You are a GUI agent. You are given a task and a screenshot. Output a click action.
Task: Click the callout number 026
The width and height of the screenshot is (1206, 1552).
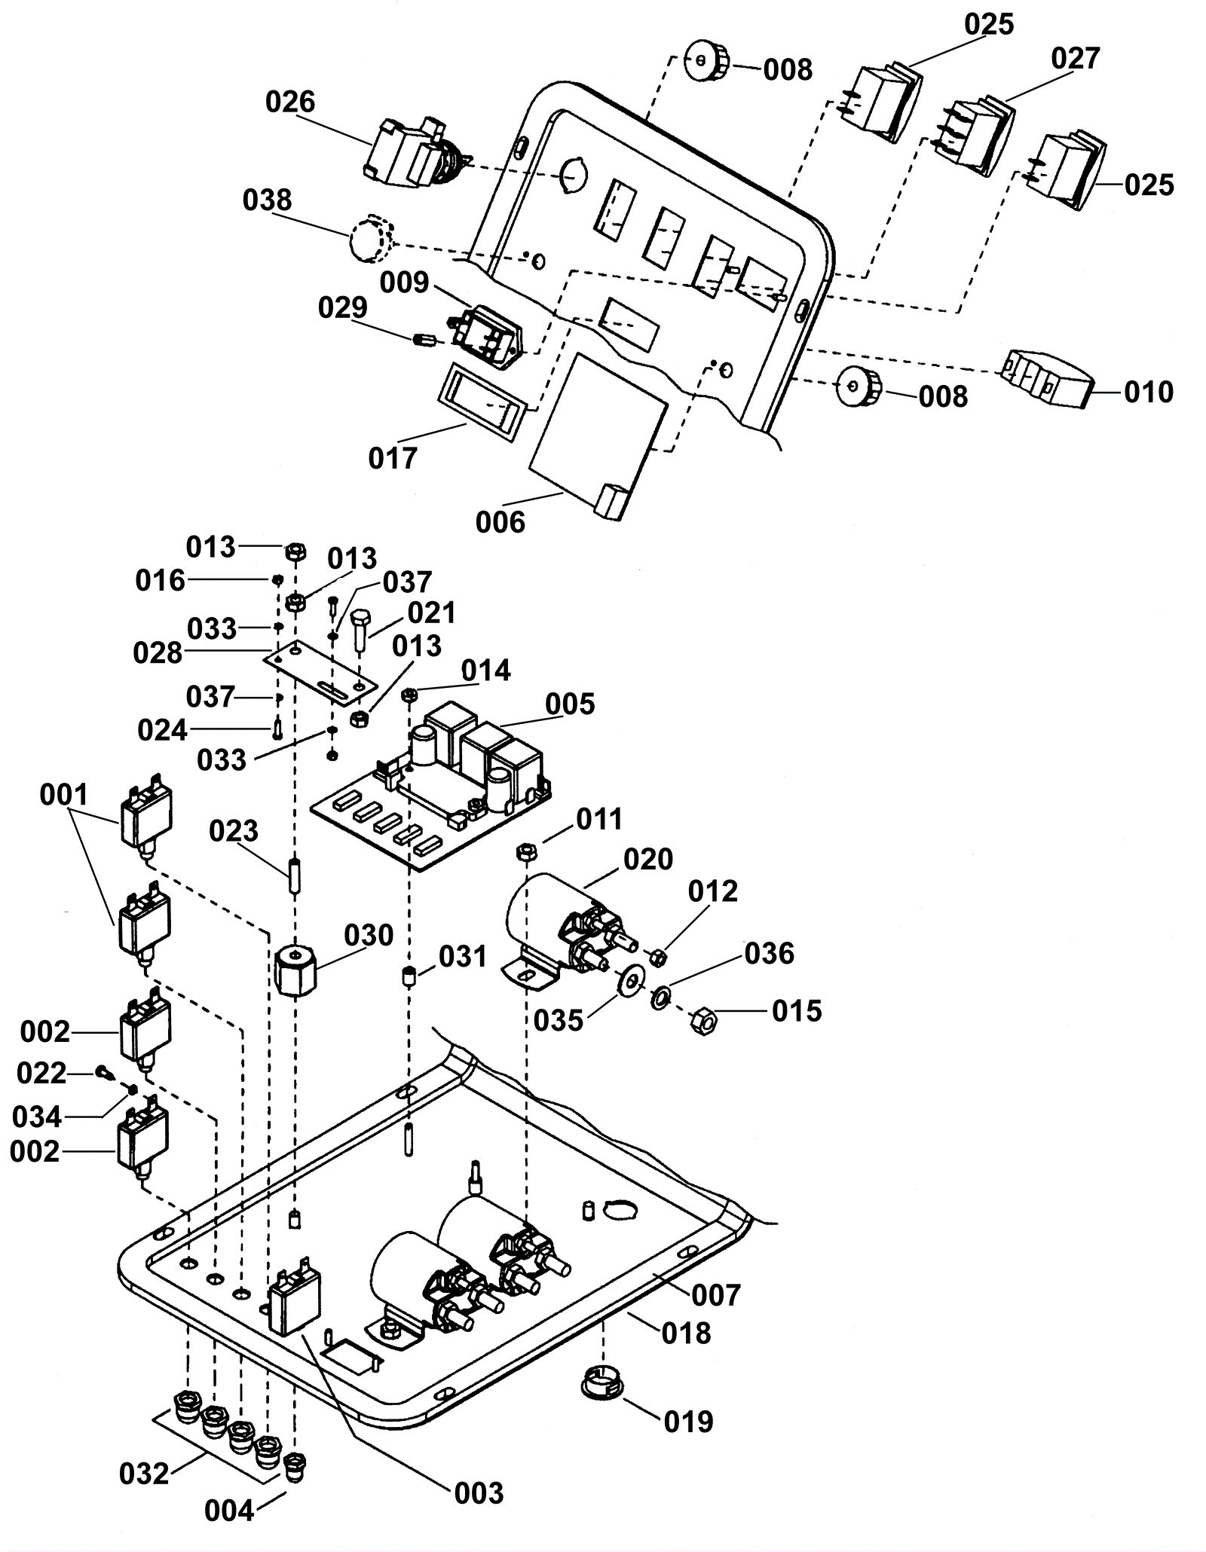(290, 102)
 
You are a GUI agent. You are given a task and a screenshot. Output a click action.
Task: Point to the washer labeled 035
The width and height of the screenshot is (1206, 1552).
(629, 982)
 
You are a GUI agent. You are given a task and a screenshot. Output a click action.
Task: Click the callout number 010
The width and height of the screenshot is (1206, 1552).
(1149, 393)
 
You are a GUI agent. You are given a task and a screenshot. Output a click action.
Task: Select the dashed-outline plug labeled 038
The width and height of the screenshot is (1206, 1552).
(370, 239)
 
